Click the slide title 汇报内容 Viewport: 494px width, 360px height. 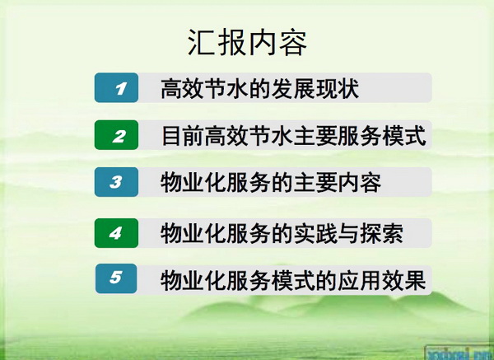coord(247,43)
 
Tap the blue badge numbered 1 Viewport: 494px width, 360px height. coord(117,87)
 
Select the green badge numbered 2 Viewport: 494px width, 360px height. coord(117,135)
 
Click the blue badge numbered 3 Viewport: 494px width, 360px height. coord(117,182)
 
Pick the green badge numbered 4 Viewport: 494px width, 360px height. coord(117,233)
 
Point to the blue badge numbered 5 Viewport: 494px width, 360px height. coord(116,278)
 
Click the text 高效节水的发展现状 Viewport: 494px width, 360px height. coord(260,89)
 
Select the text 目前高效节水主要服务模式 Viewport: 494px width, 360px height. coord(294,136)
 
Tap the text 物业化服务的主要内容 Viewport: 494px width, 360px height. coord(271,183)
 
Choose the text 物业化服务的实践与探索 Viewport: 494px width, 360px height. coord(282,234)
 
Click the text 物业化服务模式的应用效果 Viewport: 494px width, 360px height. coord(293,280)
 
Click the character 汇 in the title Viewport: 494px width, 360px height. coord(202,43)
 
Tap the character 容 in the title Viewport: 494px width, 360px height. coord(293,43)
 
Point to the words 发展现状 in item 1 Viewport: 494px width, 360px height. coord(315,89)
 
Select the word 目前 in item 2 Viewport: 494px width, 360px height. coord(183,136)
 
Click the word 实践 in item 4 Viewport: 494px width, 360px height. coord(315,234)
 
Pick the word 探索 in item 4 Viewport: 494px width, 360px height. coord(382,234)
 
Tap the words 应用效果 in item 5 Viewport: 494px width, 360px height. coord(382,280)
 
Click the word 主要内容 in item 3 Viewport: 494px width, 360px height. coord(338,183)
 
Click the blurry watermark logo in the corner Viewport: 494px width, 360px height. coord(459,353)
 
